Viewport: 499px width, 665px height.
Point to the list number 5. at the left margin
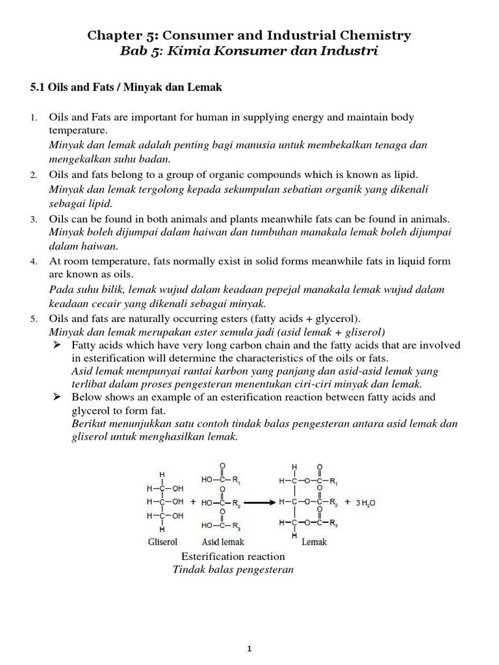click(34, 318)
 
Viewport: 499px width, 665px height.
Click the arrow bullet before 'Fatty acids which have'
click(57, 345)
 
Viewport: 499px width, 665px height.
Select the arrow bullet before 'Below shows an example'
click(57, 397)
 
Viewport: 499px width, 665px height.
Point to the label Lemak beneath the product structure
click(314, 542)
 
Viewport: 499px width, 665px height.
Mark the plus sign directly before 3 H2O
click(348, 502)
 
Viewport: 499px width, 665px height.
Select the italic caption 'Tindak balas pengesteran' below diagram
click(233, 570)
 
